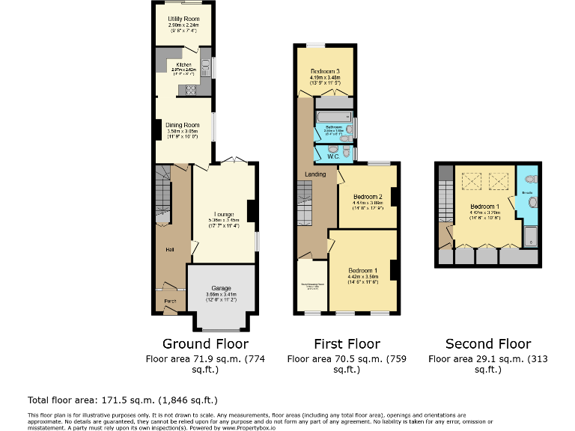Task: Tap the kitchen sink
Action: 205,68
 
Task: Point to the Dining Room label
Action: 183,125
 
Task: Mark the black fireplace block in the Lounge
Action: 252,212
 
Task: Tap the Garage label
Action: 221,288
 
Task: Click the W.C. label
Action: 332,156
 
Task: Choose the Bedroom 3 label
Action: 325,70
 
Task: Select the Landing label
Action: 315,174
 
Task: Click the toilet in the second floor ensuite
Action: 531,180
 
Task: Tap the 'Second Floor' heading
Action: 488,344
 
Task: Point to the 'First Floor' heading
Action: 347,344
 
